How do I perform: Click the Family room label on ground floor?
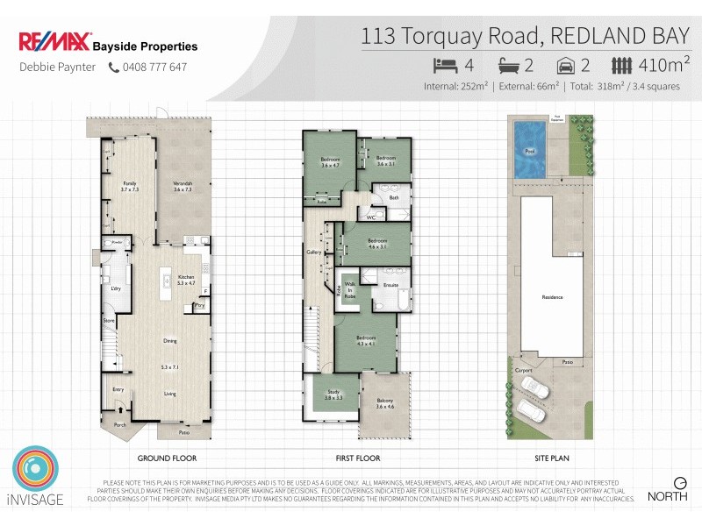click(x=130, y=186)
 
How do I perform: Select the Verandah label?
click(x=183, y=186)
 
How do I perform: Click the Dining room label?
click(x=170, y=341)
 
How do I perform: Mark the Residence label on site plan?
click(x=553, y=297)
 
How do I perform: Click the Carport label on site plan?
click(x=523, y=370)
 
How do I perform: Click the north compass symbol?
click(x=679, y=483)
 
